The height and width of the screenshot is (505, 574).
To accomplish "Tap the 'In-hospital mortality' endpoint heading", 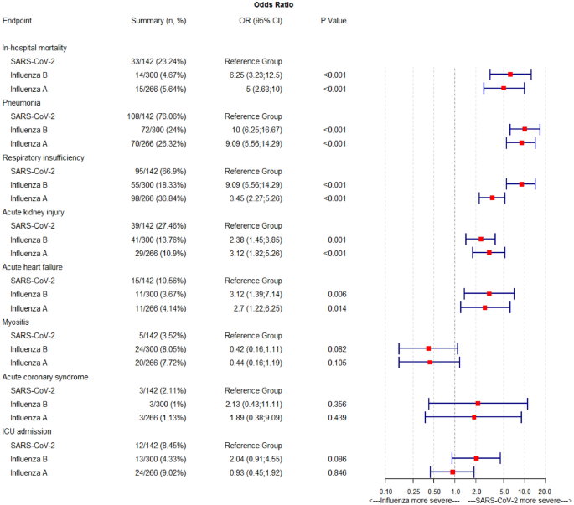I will click(x=46, y=48).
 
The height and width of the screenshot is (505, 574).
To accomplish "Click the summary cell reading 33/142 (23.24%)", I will click(x=158, y=61).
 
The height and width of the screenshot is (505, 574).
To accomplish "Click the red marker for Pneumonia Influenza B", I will click(x=525, y=129).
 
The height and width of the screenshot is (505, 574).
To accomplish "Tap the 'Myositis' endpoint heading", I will click(x=19, y=321).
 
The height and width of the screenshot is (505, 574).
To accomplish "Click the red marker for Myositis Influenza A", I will click(x=430, y=362).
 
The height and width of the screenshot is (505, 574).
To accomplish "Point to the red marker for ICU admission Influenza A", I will click(x=452, y=472).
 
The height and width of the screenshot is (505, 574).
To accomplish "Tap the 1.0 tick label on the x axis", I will click(x=454, y=491).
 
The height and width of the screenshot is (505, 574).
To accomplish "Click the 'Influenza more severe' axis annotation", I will click(x=415, y=500).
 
